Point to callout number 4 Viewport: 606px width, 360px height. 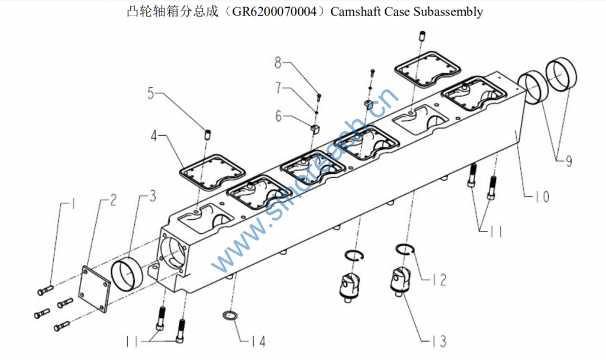(154, 136)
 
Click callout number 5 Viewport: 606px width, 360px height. (151, 93)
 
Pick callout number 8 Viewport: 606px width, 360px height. (279, 62)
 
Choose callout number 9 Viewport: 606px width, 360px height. (568, 160)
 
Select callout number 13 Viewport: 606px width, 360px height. (439, 340)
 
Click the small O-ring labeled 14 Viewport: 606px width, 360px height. (230, 316)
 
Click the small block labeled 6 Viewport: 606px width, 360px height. (315, 128)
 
